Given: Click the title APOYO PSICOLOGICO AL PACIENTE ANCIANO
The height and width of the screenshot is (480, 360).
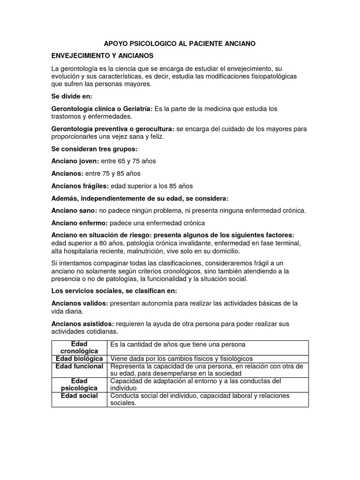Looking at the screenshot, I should (x=180, y=44).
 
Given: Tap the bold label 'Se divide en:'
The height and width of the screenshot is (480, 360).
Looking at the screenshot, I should (x=72, y=96).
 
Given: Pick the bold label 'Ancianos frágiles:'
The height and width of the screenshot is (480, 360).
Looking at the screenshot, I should (x=80, y=186).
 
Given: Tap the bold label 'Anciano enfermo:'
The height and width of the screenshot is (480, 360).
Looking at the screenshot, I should (x=80, y=223).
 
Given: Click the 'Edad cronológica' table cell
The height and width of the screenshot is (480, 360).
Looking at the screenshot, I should (x=79, y=347).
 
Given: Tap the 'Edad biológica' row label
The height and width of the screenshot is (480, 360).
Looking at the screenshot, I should (x=79, y=358).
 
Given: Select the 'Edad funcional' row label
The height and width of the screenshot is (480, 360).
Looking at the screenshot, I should (x=79, y=366).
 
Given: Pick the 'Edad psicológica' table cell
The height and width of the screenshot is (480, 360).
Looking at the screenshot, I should (x=79, y=384).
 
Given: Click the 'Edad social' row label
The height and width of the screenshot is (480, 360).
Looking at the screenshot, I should (x=79, y=396).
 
